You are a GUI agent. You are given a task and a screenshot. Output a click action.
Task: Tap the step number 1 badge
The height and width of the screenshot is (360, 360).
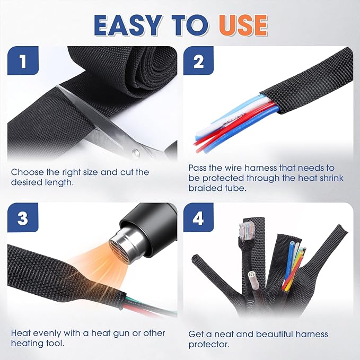coord(22,61)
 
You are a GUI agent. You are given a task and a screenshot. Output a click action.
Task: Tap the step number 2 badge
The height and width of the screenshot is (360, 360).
coord(199,61)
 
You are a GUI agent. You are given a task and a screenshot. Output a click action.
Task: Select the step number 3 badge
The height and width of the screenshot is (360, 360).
coord(22,218)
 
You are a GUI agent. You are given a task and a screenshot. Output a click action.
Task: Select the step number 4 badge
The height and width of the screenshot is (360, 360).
coord(199,218)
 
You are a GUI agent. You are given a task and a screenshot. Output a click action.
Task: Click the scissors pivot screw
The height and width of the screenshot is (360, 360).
coord(136,153)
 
